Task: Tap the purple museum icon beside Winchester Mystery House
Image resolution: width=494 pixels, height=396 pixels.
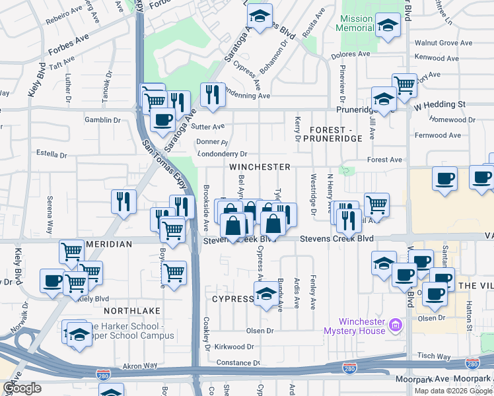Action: pyautogui.click(x=396, y=324)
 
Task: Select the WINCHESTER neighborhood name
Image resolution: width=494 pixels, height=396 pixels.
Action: pyautogui.click(x=260, y=167)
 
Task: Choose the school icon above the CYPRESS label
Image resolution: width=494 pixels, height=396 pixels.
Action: pyautogui.click(x=266, y=293)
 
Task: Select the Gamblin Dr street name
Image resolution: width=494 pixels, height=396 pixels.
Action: pyautogui.click(x=102, y=120)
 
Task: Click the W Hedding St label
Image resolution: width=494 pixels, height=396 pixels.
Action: pyautogui.click(x=440, y=104)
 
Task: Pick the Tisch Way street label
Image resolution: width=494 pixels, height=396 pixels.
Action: pyautogui.click(x=435, y=356)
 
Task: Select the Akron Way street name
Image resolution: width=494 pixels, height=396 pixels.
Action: pyautogui.click(x=141, y=364)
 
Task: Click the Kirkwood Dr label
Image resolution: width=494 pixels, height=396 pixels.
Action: pyautogui.click(x=235, y=346)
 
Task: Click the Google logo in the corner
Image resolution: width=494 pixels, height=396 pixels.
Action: pyautogui.click(x=21, y=388)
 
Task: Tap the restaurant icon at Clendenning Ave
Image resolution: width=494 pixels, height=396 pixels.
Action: pyautogui.click(x=212, y=94)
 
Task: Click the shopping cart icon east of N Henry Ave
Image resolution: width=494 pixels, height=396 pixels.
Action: pyautogui.click(x=376, y=204)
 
